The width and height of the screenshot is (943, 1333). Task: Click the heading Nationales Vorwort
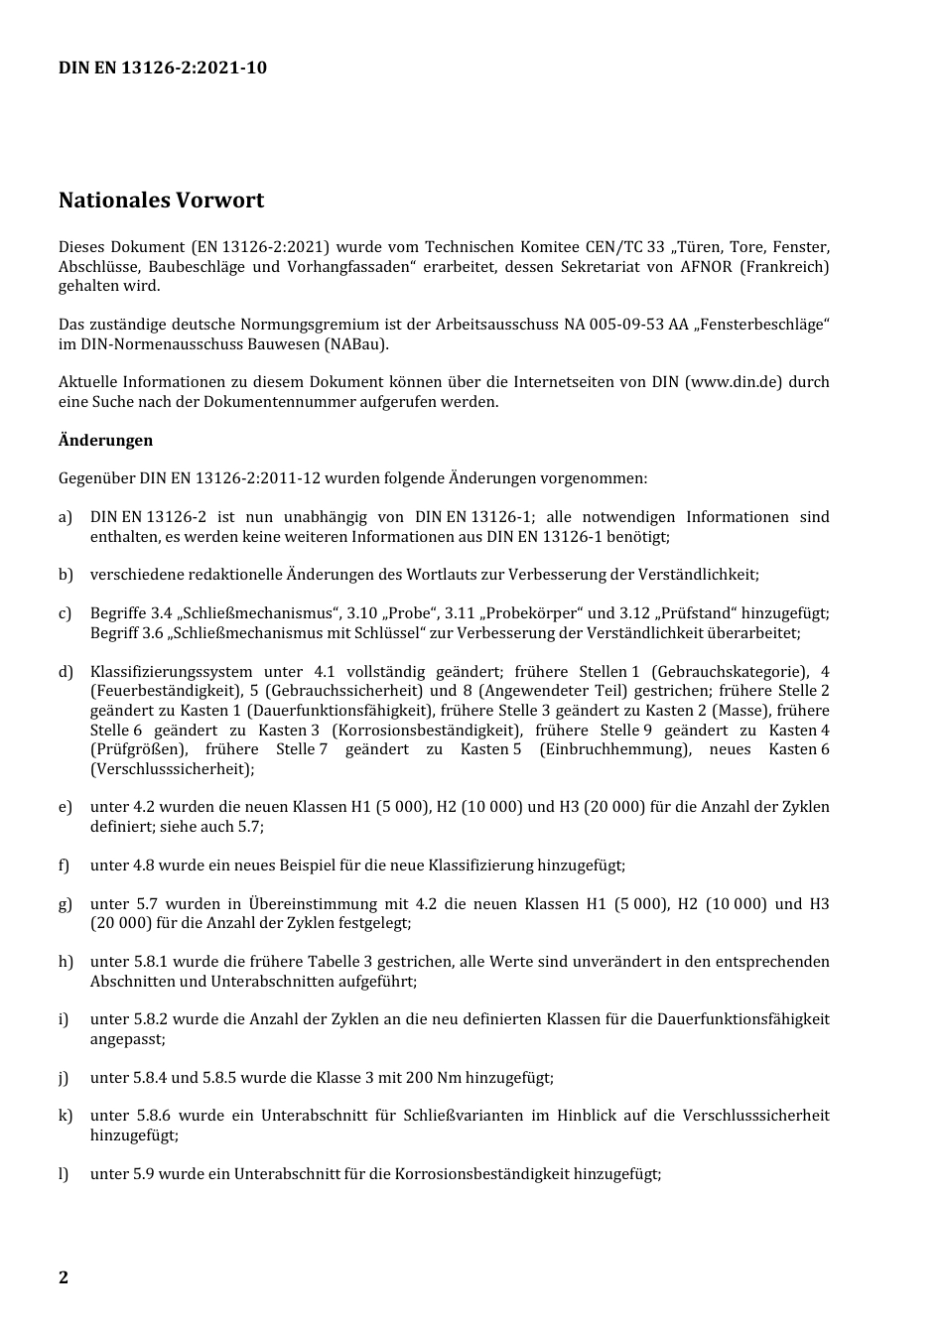(161, 200)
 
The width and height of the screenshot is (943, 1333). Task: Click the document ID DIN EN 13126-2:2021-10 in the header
(162, 67)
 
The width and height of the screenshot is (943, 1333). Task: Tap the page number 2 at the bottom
(64, 1277)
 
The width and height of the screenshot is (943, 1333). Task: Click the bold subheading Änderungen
(105, 440)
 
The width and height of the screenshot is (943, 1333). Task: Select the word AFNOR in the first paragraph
(705, 266)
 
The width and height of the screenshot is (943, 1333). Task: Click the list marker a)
(66, 517)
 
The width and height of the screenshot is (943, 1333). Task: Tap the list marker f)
(65, 866)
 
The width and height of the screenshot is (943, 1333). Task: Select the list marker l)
(64, 1174)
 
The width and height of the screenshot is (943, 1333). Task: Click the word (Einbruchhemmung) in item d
(615, 749)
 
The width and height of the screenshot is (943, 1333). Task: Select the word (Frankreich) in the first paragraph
(784, 266)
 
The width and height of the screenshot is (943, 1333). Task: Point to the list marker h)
(66, 962)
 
